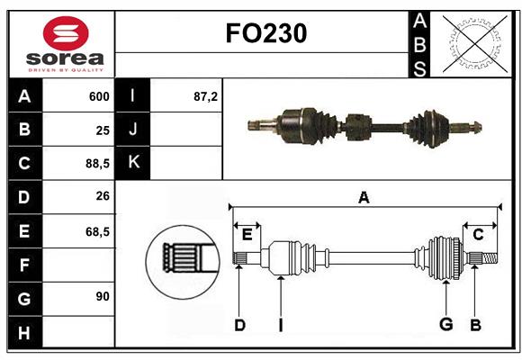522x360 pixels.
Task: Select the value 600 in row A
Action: point(99,96)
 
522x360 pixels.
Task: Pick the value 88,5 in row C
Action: point(97,164)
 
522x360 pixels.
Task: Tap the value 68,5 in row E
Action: point(97,231)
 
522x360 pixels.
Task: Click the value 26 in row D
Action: point(102,197)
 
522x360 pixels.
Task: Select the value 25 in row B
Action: point(102,130)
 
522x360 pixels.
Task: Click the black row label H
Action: point(23,333)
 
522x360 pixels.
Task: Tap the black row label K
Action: point(133,163)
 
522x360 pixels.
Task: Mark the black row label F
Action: point(23,265)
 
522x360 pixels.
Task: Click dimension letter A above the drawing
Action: point(364,197)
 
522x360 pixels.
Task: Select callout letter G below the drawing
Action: point(445,324)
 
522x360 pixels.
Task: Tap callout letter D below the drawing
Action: point(239,324)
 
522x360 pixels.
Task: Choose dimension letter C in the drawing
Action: point(478,235)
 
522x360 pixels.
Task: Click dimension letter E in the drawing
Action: point(247,235)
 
